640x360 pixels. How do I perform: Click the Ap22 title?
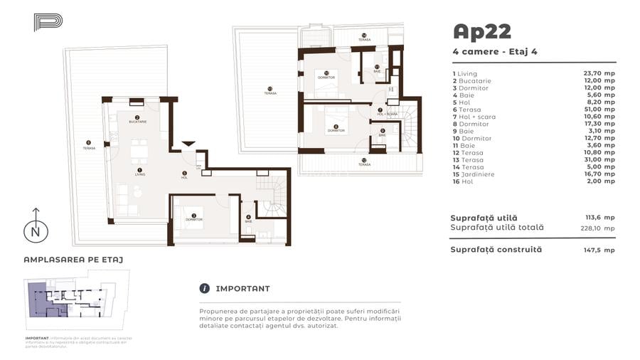click(x=481, y=31)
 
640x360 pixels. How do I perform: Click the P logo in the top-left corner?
click(x=48, y=22)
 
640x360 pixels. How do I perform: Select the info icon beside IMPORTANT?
click(x=205, y=288)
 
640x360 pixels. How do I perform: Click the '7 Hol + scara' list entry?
click(x=474, y=117)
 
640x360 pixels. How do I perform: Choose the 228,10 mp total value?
click(x=597, y=228)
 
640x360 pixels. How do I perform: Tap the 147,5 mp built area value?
click(x=601, y=250)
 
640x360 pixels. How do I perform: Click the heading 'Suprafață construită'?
click(x=496, y=250)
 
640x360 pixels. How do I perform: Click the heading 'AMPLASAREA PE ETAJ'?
click(x=73, y=260)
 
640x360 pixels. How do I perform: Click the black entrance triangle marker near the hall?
click(x=188, y=144)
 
